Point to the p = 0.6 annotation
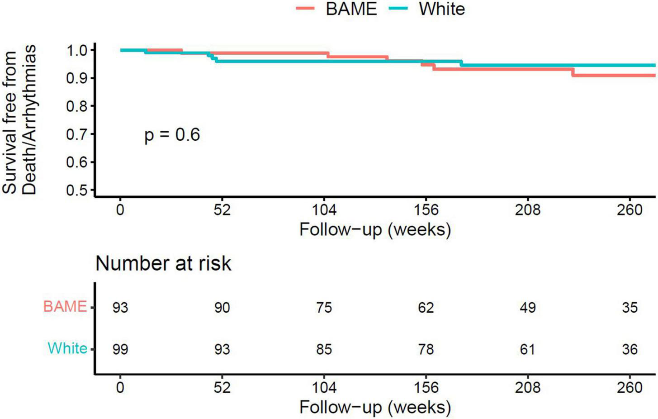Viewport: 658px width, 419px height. (172, 135)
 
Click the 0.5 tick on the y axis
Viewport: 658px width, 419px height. (78, 190)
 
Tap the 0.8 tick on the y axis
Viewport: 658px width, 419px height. (78, 106)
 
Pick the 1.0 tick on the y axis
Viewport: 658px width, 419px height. (78, 50)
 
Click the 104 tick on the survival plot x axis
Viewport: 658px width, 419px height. (324, 210)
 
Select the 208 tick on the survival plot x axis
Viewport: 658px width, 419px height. (528, 210)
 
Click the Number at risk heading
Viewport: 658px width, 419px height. (163, 263)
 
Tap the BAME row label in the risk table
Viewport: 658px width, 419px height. (65, 307)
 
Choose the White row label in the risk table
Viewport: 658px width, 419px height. (67, 348)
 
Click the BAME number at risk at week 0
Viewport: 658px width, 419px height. (120, 308)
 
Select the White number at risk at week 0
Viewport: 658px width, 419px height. (120, 349)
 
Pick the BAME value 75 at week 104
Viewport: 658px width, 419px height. (324, 308)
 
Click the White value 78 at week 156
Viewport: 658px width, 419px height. (426, 349)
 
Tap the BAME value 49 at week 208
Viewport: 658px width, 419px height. (528, 308)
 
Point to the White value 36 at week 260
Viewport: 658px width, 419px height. (630, 349)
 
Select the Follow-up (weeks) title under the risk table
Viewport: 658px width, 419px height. (375, 407)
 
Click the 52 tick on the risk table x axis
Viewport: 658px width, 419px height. (222, 387)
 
